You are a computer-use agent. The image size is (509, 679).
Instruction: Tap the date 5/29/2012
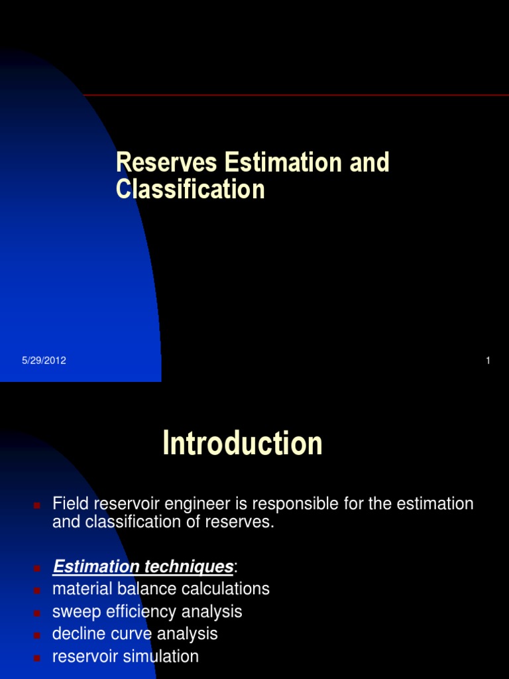44,361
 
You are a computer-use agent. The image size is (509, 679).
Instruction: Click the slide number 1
488,361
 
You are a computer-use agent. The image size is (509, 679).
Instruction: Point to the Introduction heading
243,444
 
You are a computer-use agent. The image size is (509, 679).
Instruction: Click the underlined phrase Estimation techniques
142,567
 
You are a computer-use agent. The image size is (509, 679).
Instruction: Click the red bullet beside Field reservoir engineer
37,505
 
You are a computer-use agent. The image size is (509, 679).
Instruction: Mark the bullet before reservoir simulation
37,658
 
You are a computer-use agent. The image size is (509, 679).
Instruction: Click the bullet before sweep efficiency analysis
37,613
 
